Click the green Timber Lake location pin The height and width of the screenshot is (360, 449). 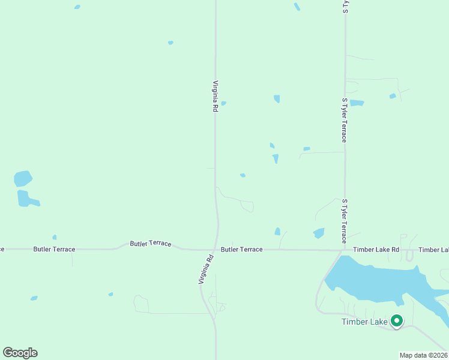(396, 321)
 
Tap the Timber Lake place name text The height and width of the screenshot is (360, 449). (364, 322)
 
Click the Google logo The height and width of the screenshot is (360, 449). (20, 353)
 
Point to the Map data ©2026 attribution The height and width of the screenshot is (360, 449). (423, 355)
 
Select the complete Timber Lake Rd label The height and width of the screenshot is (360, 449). (376, 250)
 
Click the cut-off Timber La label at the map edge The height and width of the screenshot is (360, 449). (433, 250)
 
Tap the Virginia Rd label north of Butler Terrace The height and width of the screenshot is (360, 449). (215, 97)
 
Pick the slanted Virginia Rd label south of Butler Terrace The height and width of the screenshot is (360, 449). (206, 270)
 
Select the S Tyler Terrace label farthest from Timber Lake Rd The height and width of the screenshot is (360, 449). (345, 121)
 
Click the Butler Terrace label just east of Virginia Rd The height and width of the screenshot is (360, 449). (241, 249)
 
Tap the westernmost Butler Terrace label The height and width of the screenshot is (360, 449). (54, 249)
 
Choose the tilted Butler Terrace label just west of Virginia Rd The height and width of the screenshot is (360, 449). (151, 244)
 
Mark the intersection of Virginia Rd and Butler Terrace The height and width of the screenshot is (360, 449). (215, 249)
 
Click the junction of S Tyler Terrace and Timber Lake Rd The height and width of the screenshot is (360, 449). (345, 249)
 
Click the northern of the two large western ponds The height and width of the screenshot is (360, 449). (23, 178)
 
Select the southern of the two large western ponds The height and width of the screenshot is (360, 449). (26, 199)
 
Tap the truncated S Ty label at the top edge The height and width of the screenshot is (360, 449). (345, 7)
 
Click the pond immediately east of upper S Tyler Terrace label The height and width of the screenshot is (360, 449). (357, 103)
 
